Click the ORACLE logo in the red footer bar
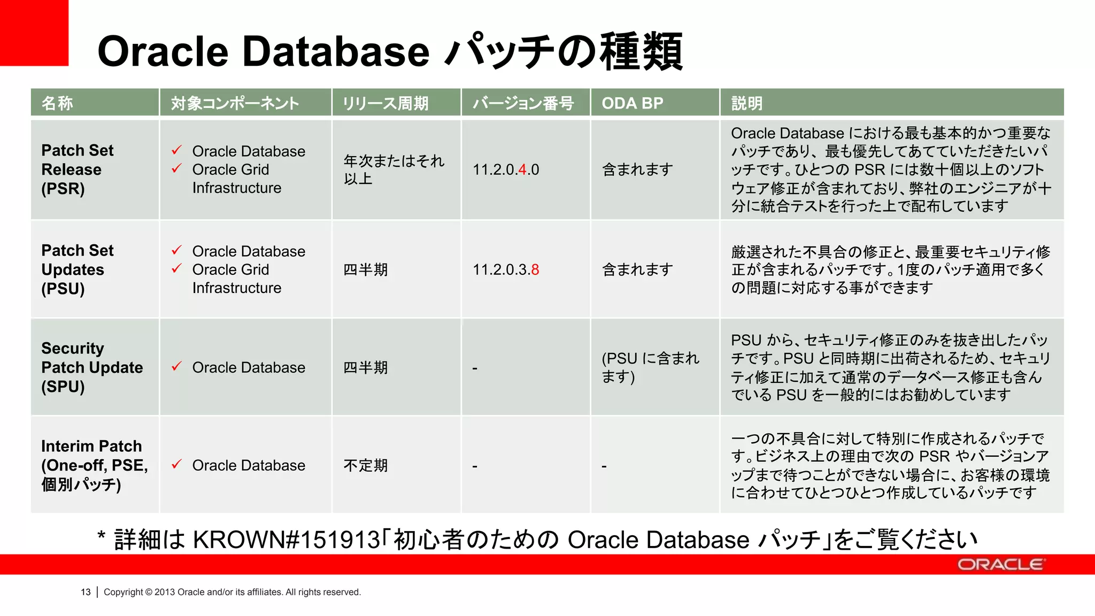(1000, 565)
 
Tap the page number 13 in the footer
(86, 592)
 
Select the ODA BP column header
(632, 103)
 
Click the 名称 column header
(57, 103)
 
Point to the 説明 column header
(746, 103)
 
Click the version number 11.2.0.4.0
(505, 170)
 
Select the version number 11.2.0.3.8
(505, 269)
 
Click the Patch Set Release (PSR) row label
(78, 170)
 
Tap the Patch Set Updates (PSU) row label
(78, 269)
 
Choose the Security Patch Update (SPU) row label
(92, 367)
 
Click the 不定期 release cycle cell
(365, 465)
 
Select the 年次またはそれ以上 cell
(394, 170)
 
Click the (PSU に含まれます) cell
(650, 367)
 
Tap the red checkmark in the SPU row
(177, 366)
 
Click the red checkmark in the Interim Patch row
(177, 464)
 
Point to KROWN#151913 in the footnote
(286, 540)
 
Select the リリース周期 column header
(385, 103)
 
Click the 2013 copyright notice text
(232, 592)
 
